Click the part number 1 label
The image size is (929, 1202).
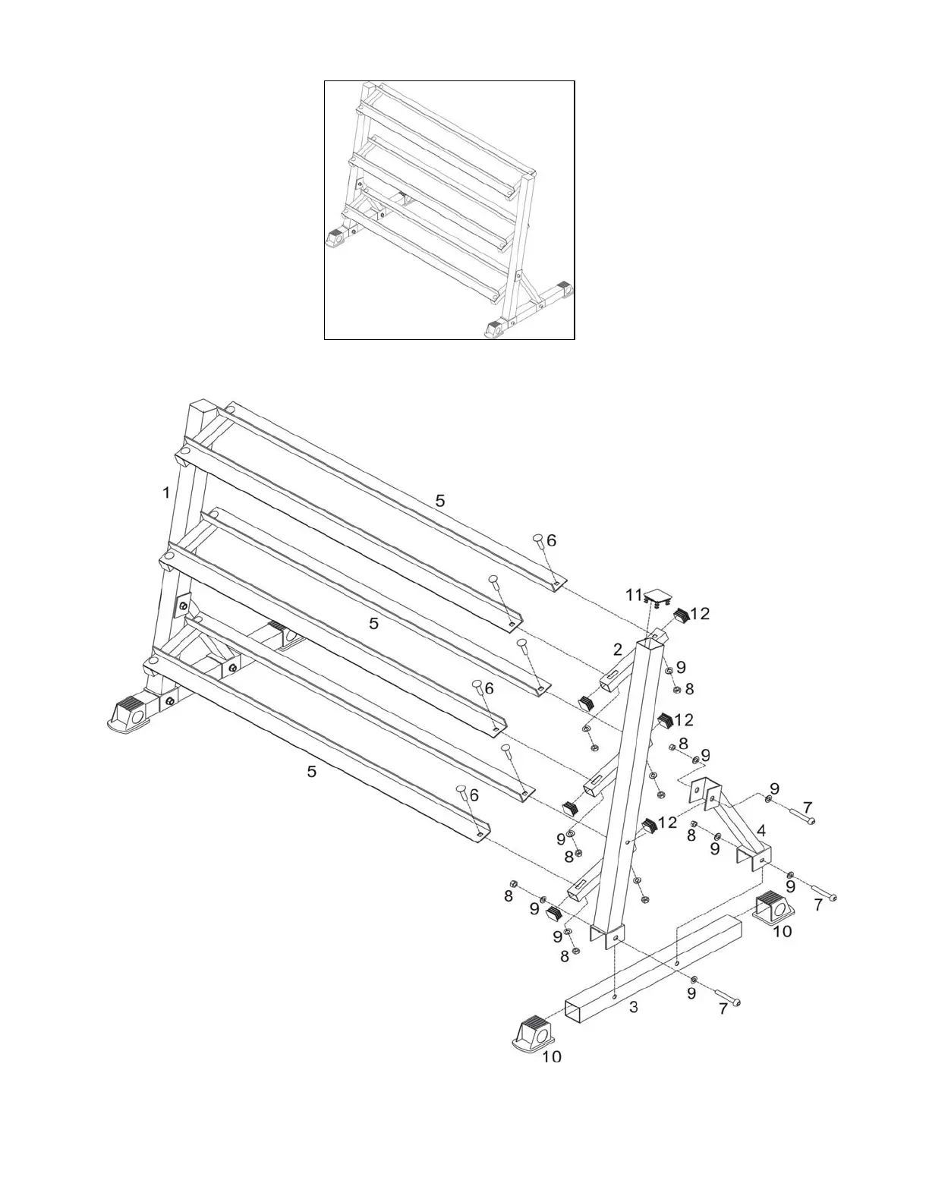[x=166, y=493]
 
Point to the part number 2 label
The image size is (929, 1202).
[x=618, y=649]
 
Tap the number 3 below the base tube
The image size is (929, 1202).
[x=634, y=1007]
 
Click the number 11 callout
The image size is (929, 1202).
[x=634, y=596]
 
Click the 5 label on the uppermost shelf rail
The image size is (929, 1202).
[x=440, y=501]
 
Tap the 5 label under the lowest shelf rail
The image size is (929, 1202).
[x=311, y=772]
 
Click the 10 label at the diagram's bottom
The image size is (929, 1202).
[x=552, y=1056]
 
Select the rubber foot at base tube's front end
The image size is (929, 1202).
[x=535, y=1033]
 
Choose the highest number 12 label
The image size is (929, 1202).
[x=700, y=613]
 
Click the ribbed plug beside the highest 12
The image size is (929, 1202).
[x=681, y=615]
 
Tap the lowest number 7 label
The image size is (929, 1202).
[x=723, y=1010]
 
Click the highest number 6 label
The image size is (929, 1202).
[x=552, y=540]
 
